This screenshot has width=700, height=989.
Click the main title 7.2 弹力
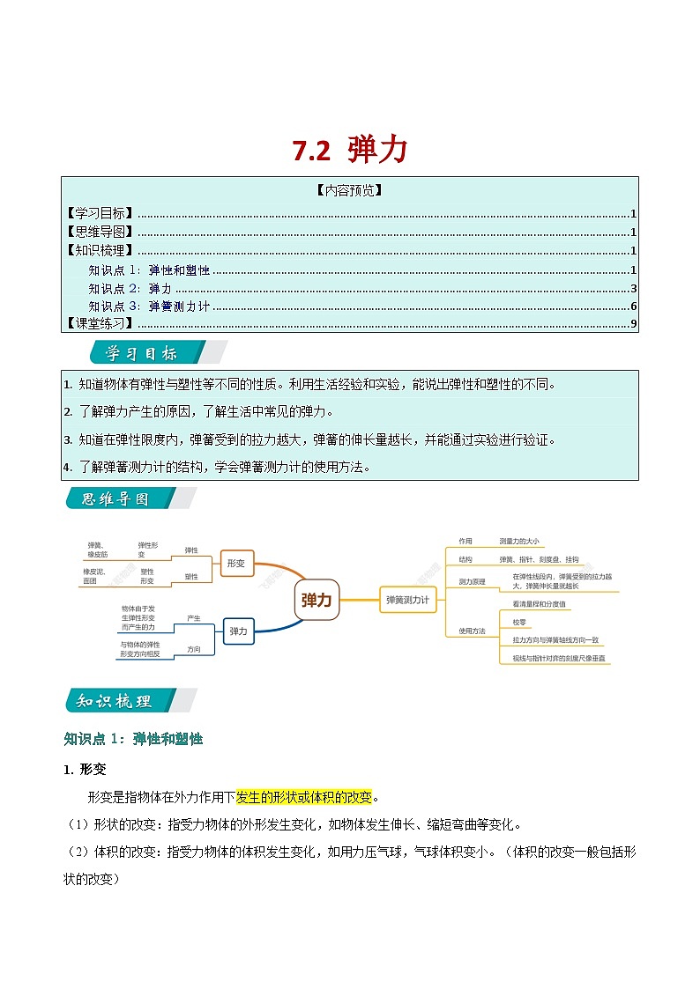pyautogui.click(x=350, y=151)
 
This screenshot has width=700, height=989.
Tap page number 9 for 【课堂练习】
pyautogui.click(x=633, y=324)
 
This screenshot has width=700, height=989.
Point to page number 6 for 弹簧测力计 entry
pyautogui.click(x=633, y=306)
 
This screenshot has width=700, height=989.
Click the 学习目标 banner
pyautogui.click(x=141, y=354)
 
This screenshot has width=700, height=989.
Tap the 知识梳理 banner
pyautogui.click(x=115, y=701)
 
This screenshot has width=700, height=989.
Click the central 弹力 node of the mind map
pyautogui.click(x=316, y=600)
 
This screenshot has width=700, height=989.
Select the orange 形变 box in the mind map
pyautogui.click(x=236, y=563)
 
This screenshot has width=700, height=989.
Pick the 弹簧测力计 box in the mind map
pyautogui.click(x=407, y=600)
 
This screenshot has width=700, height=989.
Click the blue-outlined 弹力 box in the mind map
pyautogui.click(x=239, y=631)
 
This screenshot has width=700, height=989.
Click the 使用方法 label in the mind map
pyautogui.click(x=473, y=631)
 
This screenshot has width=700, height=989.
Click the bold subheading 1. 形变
pyautogui.click(x=85, y=769)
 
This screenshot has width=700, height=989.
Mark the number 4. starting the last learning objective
pyautogui.click(x=68, y=468)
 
